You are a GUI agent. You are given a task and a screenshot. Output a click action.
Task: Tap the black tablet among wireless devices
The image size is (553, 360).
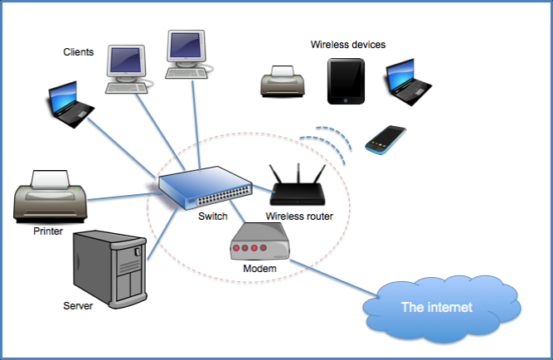(x=346, y=81)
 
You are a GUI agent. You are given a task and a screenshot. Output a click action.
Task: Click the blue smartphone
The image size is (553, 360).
(x=386, y=139)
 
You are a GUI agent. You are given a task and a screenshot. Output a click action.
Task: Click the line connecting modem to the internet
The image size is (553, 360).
(x=332, y=274)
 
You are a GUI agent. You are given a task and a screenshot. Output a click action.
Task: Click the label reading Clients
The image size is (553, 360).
(x=79, y=52)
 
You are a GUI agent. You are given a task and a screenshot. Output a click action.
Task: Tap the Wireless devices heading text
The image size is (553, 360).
(x=347, y=44)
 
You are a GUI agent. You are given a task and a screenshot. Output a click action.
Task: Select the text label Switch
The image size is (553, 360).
(x=213, y=217)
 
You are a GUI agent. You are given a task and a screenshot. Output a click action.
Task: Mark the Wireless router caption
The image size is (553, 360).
(x=299, y=217)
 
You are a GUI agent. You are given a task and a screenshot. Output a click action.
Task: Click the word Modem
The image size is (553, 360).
(x=260, y=270)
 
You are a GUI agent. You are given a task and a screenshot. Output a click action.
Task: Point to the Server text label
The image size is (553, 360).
(x=78, y=306)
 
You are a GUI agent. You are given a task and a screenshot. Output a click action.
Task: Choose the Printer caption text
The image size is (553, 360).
(x=48, y=231)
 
